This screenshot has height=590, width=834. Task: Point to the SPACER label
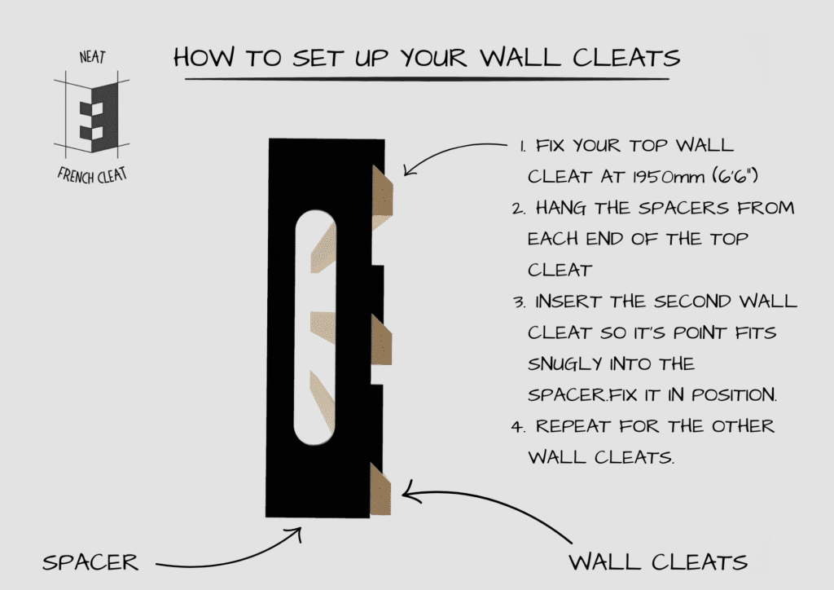coord(90,561)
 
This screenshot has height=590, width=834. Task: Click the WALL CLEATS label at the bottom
coord(657,561)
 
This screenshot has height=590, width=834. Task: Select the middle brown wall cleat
coord(381,340)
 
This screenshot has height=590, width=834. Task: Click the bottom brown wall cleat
coord(381,490)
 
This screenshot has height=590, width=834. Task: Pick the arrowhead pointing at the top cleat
coord(408,171)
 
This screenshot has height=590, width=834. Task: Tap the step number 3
coord(518,302)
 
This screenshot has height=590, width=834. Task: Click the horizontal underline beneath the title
coord(427,79)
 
